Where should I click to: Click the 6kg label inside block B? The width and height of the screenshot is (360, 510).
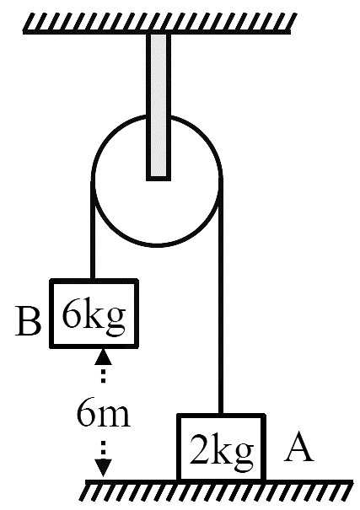pos(94,316)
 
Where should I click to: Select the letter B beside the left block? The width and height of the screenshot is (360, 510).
pos(29,322)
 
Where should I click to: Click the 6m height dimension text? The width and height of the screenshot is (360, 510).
pos(104,413)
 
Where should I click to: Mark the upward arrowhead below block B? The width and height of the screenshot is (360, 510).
pos(103,356)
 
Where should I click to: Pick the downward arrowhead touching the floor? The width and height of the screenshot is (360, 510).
pos(104,468)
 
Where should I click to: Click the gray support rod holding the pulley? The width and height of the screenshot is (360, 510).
pos(159,106)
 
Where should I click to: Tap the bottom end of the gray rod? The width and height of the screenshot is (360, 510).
pos(159,180)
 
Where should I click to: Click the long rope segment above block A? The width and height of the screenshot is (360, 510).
pos(221,295)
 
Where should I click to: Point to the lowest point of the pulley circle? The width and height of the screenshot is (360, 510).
pos(158,245)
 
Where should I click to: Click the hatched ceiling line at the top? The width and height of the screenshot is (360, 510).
pos(159,24)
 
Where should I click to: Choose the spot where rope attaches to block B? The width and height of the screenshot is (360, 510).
pos(93,280)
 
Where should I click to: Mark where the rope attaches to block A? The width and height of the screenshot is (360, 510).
pos(221,414)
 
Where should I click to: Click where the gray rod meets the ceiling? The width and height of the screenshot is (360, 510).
pos(159,34)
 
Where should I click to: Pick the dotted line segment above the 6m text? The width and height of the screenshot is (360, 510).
pos(103,373)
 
